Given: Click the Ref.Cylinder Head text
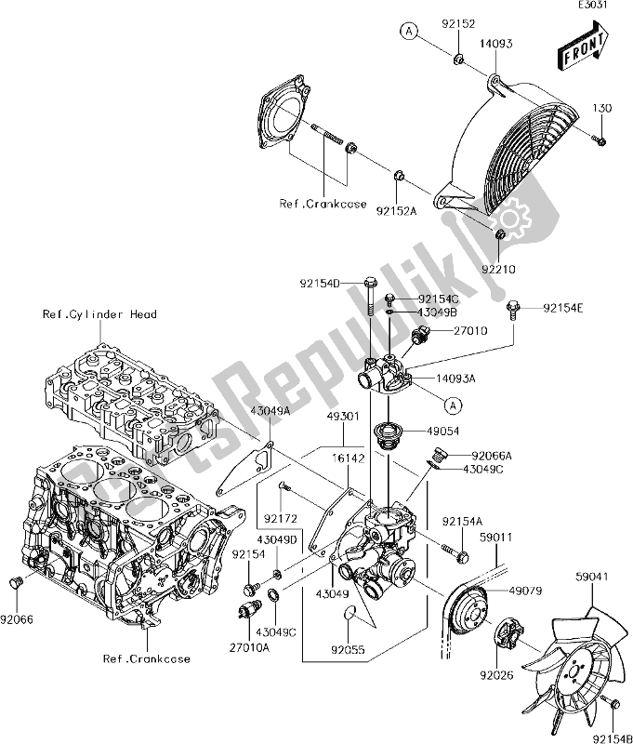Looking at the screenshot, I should [x=99, y=314].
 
